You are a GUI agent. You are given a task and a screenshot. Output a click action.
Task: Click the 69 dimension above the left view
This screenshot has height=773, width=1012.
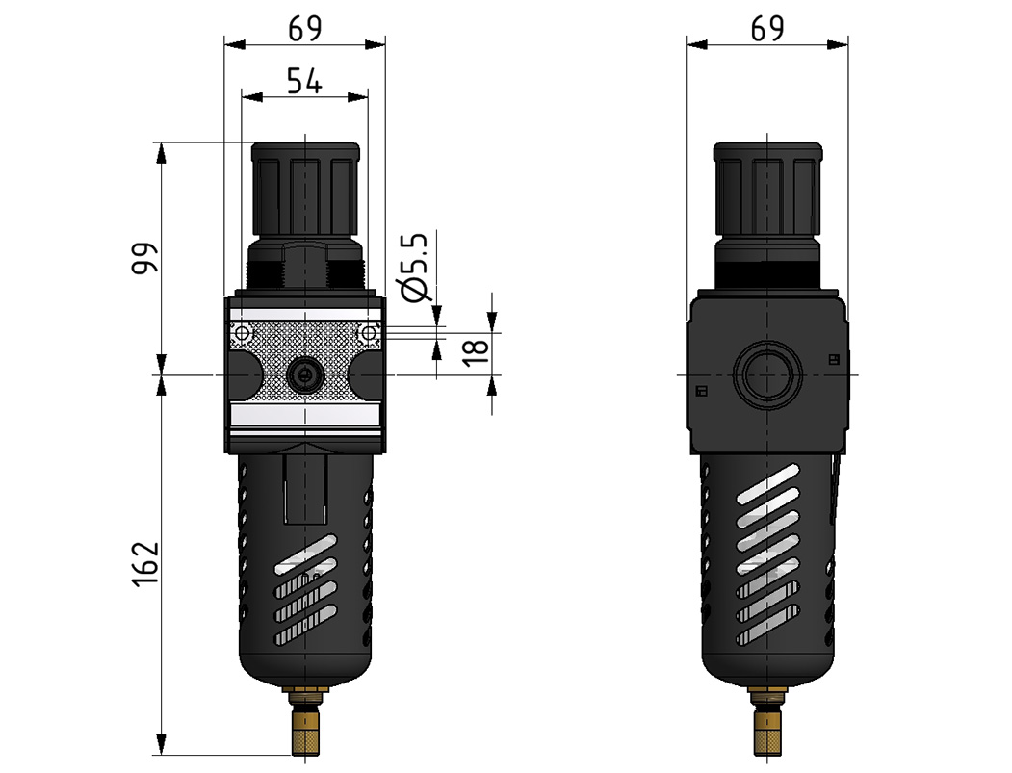click(x=304, y=29)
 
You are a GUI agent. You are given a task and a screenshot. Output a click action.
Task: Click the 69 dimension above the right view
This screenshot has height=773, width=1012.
click(x=766, y=29)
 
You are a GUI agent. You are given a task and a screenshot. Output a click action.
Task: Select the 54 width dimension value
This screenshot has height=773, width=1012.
click(x=304, y=81)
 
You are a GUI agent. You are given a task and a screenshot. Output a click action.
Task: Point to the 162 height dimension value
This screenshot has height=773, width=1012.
click(x=144, y=563)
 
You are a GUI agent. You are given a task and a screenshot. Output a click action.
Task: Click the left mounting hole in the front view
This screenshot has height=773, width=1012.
click(x=242, y=334)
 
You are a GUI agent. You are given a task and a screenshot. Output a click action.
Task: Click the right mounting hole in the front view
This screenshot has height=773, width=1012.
click(x=367, y=334)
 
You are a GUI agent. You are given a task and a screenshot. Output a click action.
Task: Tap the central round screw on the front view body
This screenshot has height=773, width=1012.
click(x=304, y=374)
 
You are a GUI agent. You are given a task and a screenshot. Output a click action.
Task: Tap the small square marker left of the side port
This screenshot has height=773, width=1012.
click(x=701, y=390)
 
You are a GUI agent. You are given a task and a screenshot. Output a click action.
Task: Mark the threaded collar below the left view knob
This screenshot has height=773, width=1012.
click(x=304, y=273)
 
